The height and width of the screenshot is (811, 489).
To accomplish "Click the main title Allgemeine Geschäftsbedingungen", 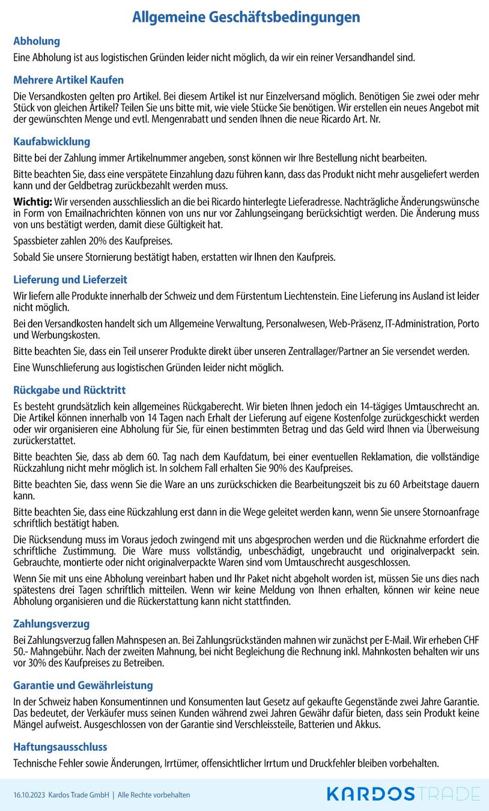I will click(x=246, y=17).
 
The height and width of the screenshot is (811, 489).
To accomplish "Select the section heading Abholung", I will click(x=37, y=41).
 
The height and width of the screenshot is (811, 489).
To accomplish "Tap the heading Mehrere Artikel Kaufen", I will click(x=68, y=80).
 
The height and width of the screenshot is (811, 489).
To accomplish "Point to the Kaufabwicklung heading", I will click(x=52, y=142).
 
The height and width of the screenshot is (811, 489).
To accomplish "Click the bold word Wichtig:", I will click(x=32, y=202).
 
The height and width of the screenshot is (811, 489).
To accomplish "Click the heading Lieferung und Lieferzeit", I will click(x=70, y=280).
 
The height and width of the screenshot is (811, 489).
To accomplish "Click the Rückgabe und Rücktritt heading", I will click(x=70, y=390).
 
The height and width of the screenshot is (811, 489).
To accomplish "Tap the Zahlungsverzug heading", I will click(x=52, y=624).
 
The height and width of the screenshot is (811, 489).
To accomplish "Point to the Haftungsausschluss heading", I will click(x=60, y=747).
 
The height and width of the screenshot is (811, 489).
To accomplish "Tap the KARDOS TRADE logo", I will click(x=403, y=794).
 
